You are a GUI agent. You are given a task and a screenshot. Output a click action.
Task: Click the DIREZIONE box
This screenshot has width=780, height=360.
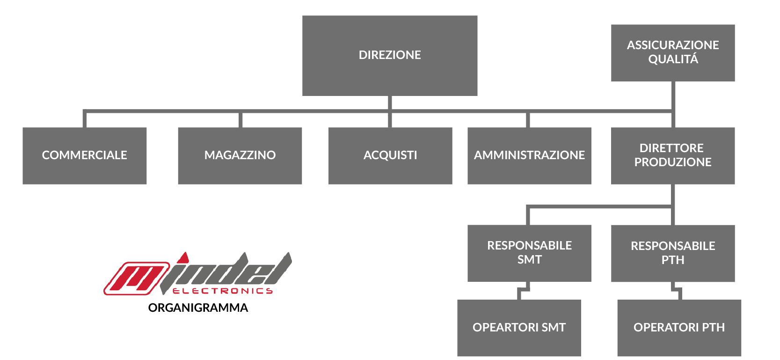[x=390, y=55]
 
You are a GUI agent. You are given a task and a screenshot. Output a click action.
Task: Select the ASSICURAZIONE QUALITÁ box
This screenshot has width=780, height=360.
[x=673, y=53]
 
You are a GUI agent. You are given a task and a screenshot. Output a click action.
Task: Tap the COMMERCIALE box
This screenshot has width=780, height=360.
[x=85, y=156]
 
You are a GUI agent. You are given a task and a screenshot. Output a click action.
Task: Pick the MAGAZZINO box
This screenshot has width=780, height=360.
[x=240, y=156]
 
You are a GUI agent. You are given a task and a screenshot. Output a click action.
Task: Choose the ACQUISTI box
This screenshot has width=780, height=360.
[x=390, y=156]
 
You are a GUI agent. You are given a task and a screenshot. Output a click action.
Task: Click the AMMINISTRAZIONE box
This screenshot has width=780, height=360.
[x=529, y=156]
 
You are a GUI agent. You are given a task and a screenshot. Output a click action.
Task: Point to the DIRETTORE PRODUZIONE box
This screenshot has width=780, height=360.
[x=673, y=156]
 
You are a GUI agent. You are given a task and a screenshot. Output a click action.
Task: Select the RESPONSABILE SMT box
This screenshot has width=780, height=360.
[x=529, y=253]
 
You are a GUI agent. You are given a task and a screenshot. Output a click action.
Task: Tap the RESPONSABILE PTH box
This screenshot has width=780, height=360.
[x=673, y=253]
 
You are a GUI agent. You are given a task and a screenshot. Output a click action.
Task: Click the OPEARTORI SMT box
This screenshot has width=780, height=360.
[x=519, y=328]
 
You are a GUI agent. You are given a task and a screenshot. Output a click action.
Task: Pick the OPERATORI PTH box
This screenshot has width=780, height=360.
[x=679, y=328]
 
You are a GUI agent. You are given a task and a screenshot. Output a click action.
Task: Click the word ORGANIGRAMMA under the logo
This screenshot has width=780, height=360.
[x=198, y=308]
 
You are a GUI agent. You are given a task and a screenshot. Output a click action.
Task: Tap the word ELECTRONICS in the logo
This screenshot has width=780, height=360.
[x=223, y=291]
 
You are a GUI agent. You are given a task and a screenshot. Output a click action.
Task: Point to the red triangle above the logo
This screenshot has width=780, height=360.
[x=183, y=258]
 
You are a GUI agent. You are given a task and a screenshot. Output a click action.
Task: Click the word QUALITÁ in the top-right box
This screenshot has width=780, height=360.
[x=673, y=59]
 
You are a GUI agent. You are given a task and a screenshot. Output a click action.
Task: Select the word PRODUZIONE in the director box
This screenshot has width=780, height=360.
[x=673, y=162]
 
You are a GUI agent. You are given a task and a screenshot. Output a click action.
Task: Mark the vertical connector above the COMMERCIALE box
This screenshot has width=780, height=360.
[x=85, y=119]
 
